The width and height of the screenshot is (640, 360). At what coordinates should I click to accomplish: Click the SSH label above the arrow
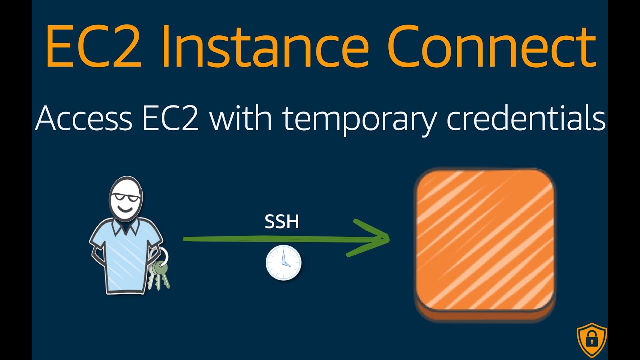282,222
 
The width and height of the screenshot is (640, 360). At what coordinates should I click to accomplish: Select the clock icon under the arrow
283,262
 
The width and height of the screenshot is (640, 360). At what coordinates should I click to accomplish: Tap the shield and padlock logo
592,340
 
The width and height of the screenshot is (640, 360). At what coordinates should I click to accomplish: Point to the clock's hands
283,261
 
